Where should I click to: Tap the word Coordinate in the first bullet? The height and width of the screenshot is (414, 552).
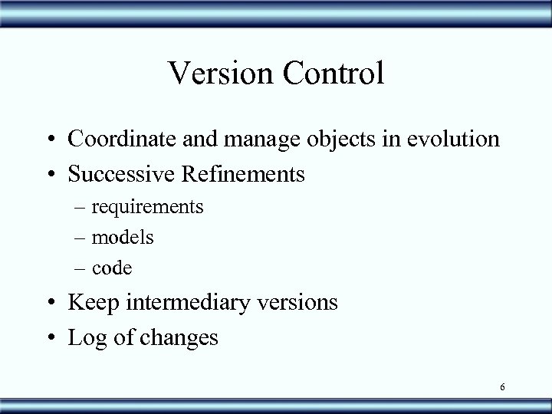click(116, 140)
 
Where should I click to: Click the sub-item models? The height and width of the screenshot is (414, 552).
click(123, 238)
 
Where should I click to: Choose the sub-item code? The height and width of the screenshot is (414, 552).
click(112, 268)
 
